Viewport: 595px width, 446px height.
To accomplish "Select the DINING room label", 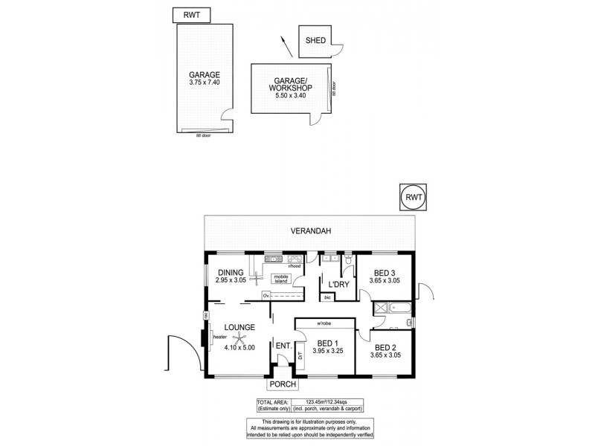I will [x=230, y=272].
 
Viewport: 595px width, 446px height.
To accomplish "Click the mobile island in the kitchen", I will [x=280, y=279].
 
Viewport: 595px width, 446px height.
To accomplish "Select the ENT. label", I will [x=283, y=346].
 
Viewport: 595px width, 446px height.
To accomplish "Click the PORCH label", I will [x=283, y=384].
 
